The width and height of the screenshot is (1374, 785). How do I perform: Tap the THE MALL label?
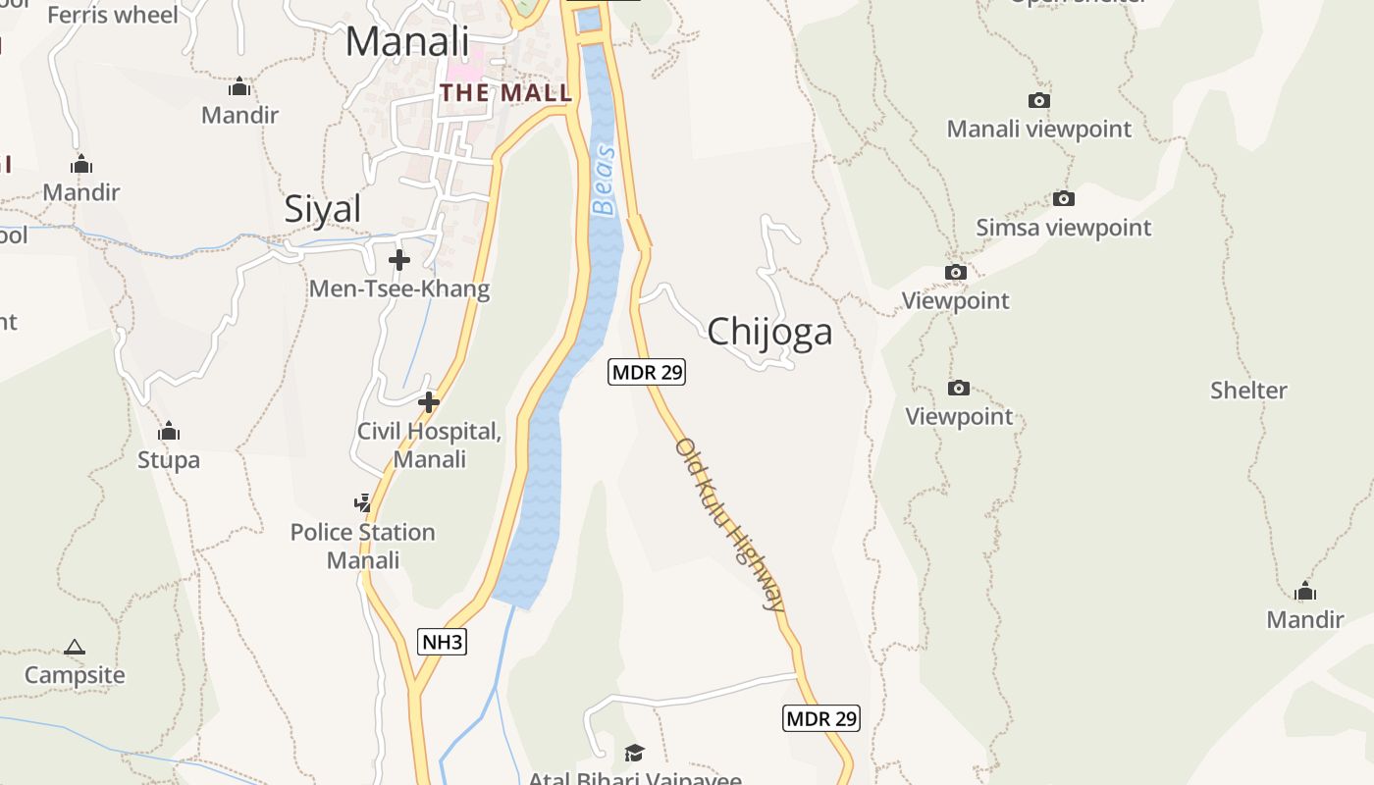click(505, 93)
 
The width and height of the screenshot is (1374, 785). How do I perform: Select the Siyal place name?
click(322, 209)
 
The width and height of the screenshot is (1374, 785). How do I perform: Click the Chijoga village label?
click(769, 331)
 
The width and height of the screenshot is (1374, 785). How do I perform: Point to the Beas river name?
click(605, 181)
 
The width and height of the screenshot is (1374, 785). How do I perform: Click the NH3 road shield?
click(442, 643)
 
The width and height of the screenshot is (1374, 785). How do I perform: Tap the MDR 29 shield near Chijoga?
click(646, 372)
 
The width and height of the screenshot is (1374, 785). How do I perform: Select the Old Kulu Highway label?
click(730, 524)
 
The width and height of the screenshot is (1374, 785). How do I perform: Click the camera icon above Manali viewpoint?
click(1038, 100)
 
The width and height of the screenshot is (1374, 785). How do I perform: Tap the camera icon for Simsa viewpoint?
click(1063, 198)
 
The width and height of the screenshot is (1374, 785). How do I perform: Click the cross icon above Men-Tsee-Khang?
click(398, 260)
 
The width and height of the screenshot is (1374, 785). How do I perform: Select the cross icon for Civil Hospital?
click(428, 402)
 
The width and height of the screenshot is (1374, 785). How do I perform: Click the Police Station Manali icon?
click(362, 503)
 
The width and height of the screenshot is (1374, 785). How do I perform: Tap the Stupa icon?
click(169, 431)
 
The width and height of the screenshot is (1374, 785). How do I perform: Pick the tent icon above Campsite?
click(75, 647)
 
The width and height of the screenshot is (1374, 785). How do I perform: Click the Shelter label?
click(1247, 391)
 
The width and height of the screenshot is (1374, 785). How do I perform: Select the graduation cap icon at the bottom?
click(634, 753)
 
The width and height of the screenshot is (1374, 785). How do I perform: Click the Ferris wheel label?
click(113, 14)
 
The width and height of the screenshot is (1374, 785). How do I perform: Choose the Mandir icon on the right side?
click(1304, 591)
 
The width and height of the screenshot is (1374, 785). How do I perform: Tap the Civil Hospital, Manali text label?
click(429, 445)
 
